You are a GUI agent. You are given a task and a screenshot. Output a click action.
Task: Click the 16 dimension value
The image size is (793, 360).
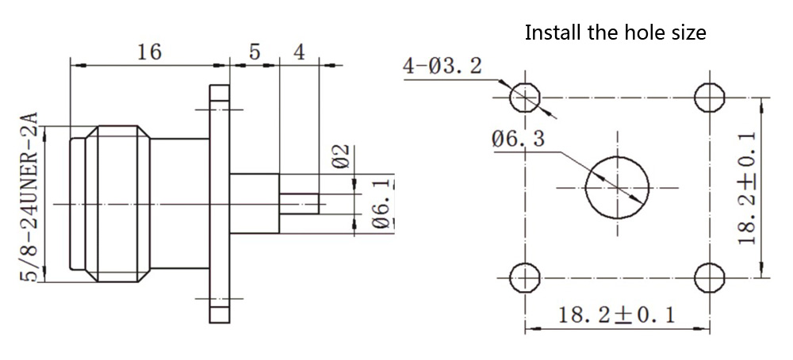pyautogui.click(x=149, y=52)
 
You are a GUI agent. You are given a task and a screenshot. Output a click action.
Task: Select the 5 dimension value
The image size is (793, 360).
pyautogui.click(x=254, y=52)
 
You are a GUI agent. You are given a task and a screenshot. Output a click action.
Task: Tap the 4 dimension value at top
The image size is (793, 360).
pyautogui.click(x=299, y=52)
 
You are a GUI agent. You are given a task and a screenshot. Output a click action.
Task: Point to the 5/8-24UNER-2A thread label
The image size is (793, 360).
pyautogui.click(x=30, y=197)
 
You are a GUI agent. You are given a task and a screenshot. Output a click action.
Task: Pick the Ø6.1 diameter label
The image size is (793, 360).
pyautogui.click(x=381, y=205)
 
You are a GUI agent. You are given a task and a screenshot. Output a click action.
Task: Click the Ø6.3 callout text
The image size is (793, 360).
pyautogui.click(x=518, y=140)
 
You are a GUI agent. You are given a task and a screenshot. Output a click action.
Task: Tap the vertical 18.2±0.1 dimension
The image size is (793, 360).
pyautogui.click(x=745, y=187)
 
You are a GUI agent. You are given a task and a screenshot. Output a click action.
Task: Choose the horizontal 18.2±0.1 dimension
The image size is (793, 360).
pyautogui.click(x=615, y=316)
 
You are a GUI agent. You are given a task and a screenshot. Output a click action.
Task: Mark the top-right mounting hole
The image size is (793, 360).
pyautogui.click(x=708, y=98)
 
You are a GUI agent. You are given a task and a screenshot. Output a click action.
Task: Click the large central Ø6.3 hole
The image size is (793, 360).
pyautogui.click(x=616, y=188)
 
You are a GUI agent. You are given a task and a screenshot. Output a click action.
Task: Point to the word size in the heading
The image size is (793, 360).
pyautogui.click(x=687, y=33)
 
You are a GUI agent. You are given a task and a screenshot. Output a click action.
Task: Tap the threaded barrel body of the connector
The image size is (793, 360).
pyautogui.click(x=119, y=204)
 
